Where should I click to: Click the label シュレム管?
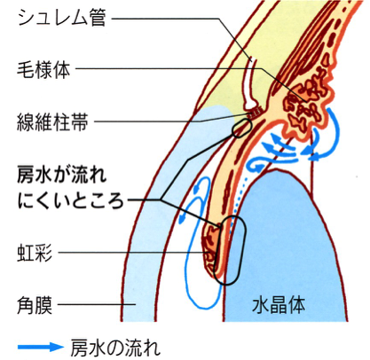[62, 18]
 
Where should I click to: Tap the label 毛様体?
[43, 70]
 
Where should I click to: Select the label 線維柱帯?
[52, 121]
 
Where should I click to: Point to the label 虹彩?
[35, 253]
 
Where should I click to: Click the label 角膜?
[35, 304]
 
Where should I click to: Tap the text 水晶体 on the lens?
[279, 305]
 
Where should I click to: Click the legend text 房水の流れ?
[115, 347]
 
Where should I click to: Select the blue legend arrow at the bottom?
[41, 347]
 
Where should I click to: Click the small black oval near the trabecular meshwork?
[242, 129]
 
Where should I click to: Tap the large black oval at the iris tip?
[230, 250]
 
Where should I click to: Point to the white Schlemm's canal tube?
[250, 84]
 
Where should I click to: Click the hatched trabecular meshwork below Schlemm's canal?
[255, 112]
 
